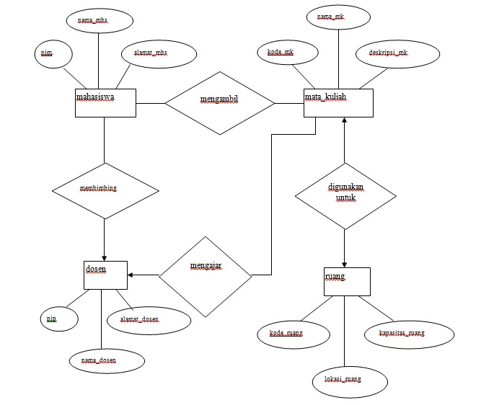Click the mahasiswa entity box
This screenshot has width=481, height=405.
[105, 102]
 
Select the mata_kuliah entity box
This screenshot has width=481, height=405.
[337, 102]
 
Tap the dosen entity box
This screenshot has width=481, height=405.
[105, 275]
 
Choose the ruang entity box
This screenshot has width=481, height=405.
[346, 281]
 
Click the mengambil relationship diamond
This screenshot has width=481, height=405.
[220, 102]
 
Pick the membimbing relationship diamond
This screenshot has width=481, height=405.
[105, 190]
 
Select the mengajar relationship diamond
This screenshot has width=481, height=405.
[205, 275]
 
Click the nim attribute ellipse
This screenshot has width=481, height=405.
[52, 55]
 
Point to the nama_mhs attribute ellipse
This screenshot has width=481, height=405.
[97, 20]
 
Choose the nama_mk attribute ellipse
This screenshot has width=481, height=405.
[339, 17]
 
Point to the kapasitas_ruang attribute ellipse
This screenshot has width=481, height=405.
[407, 334]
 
